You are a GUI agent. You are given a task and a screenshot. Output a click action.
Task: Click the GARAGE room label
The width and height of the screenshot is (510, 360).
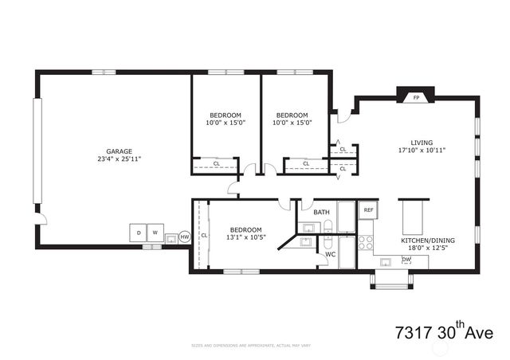click(120, 151)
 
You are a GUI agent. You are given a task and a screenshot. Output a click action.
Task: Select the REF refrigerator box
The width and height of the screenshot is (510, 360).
click(367, 210)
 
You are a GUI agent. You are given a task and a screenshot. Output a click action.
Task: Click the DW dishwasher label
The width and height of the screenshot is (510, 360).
click(406, 260)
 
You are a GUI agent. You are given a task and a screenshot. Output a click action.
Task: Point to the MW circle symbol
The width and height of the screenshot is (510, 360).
click(184, 237)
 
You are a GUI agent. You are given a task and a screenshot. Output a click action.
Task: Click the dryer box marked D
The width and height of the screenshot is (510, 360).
click(138, 233)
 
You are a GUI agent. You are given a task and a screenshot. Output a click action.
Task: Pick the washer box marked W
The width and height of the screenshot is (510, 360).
click(156, 233)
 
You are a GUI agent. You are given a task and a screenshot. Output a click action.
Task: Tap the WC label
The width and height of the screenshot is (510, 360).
click(330, 255)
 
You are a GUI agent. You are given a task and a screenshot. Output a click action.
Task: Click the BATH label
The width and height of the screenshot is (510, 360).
click(321, 212)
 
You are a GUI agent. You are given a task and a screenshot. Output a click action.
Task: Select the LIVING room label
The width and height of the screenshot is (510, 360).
click(422, 143)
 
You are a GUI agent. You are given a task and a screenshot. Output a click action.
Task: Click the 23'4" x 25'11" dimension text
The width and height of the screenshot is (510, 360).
click(120, 158)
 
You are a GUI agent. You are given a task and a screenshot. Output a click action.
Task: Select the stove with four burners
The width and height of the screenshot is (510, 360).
click(366, 241)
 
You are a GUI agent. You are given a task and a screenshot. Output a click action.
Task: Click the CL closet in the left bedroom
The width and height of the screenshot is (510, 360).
click(216, 164)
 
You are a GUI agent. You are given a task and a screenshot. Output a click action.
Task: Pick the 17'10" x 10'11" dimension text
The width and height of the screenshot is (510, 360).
click(422, 150)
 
